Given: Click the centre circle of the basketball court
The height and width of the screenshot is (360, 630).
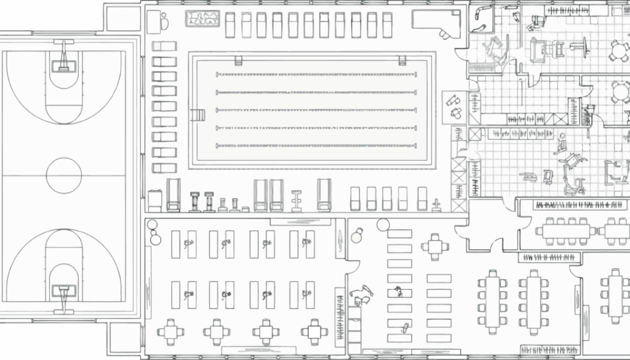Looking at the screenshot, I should (64, 175).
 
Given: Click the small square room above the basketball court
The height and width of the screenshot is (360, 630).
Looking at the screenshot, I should (123, 18).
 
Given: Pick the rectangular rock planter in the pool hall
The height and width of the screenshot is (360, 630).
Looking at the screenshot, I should (203, 18).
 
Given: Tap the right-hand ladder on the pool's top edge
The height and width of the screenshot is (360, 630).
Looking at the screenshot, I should (402, 60).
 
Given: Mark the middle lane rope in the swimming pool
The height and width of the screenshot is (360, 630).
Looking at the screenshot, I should (316, 110).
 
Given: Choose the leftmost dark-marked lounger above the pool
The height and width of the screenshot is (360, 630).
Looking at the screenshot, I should (247, 25).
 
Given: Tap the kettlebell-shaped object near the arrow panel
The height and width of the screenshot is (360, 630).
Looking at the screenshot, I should (357, 236).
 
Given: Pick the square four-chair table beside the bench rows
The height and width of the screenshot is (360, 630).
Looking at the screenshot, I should (435, 247).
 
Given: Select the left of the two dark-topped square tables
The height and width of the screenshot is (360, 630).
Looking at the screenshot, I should (266, 332).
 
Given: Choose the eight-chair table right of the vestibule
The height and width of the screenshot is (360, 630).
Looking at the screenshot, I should (567, 231).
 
